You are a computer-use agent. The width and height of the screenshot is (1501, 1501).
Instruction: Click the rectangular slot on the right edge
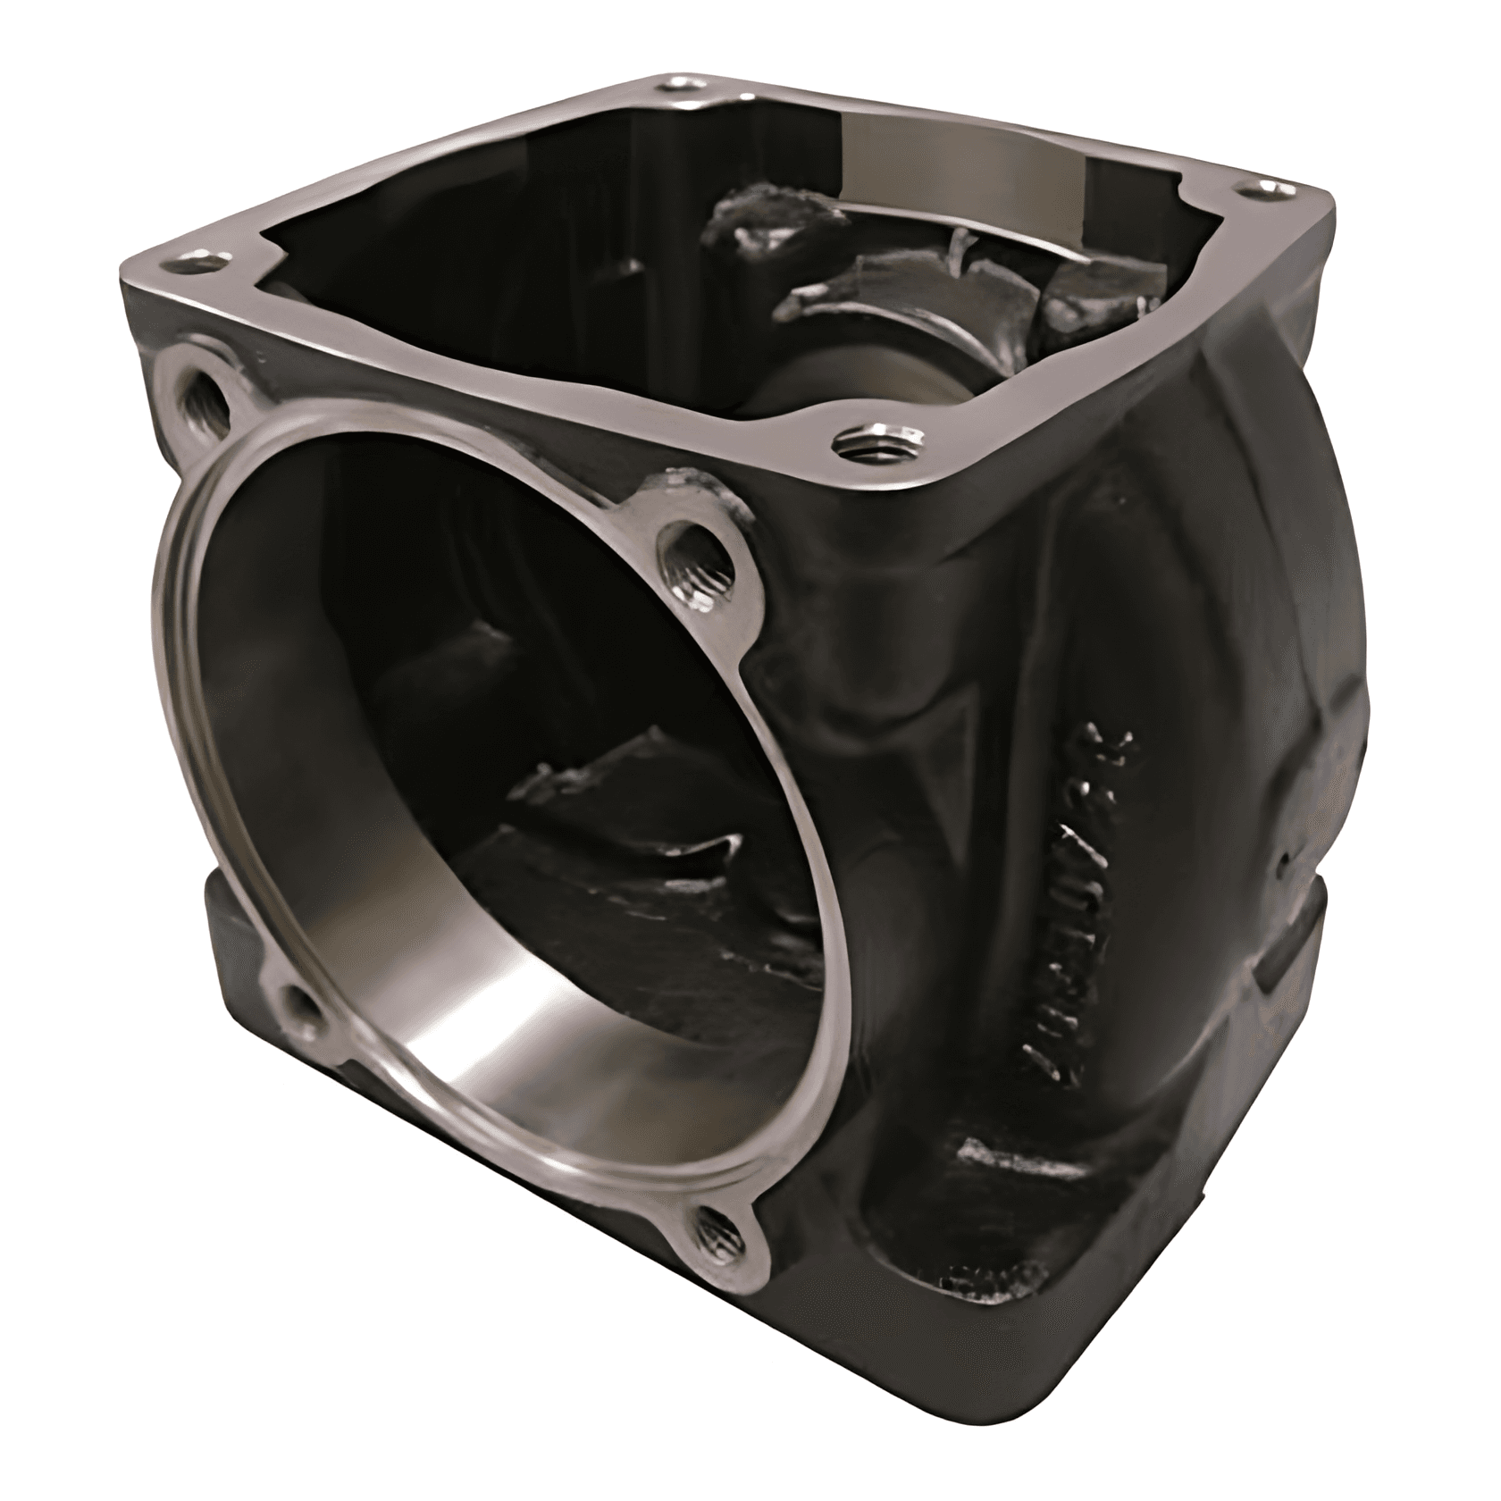pyautogui.click(x=1287, y=965)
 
